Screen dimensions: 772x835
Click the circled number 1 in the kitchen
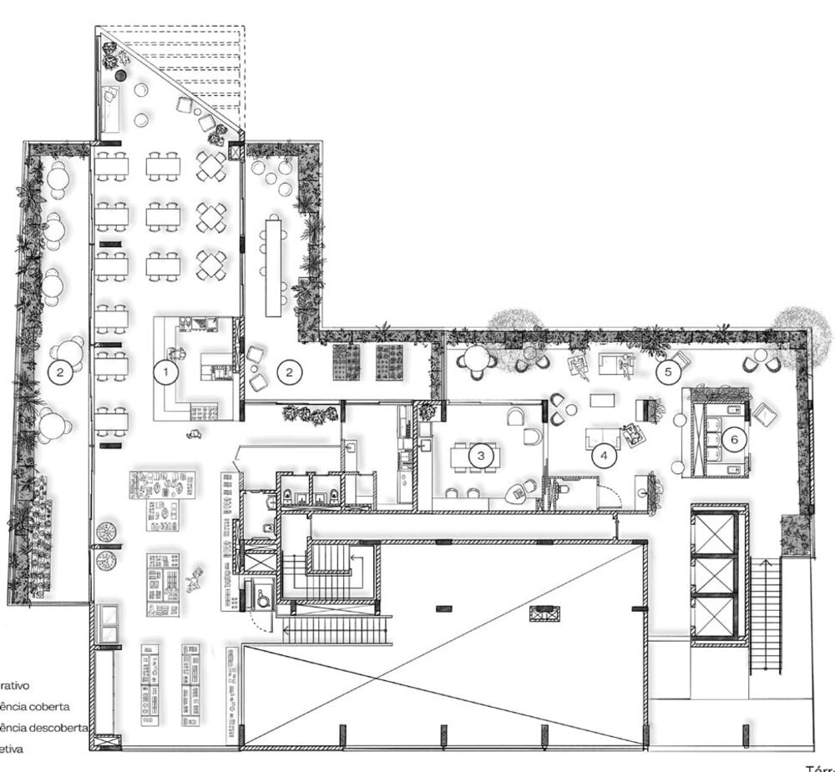point(166,371)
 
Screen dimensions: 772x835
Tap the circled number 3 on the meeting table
point(482,456)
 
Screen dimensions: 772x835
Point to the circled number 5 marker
point(667,372)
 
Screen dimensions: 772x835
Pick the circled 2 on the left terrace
point(59,373)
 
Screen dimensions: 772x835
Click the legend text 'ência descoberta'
point(44,727)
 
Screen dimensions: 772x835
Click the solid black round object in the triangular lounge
point(121,76)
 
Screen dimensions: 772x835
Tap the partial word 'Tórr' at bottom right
point(819,767)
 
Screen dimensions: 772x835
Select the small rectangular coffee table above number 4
point(602,401)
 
